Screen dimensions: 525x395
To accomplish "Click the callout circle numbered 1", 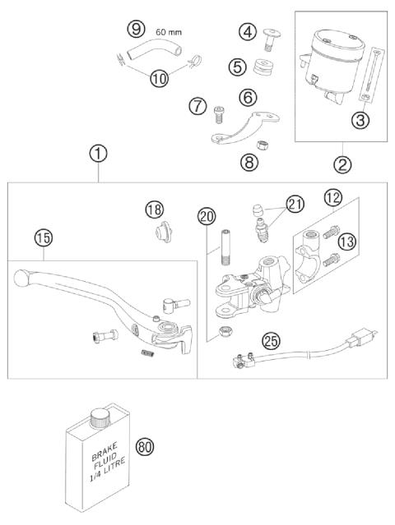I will pyautogui.click(x=98, y=153).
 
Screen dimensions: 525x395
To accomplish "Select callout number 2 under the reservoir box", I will pyautogui.click(x=342, y=163).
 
